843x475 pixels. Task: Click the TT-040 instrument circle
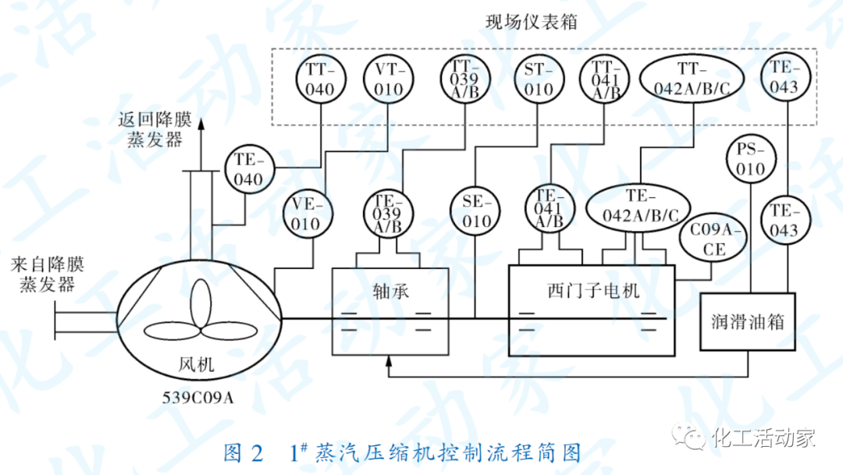(x=320, y=80)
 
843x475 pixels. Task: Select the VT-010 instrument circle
(x=387, y=80)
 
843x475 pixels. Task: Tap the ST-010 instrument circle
(x=538, y=80)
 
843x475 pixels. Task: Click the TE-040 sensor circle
(x=250, y=169)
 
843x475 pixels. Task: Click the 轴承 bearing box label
(x=391, y=292)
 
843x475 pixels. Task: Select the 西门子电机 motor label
(x=593, y=292)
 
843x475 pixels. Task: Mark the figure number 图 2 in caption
(x=245, y=453)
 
